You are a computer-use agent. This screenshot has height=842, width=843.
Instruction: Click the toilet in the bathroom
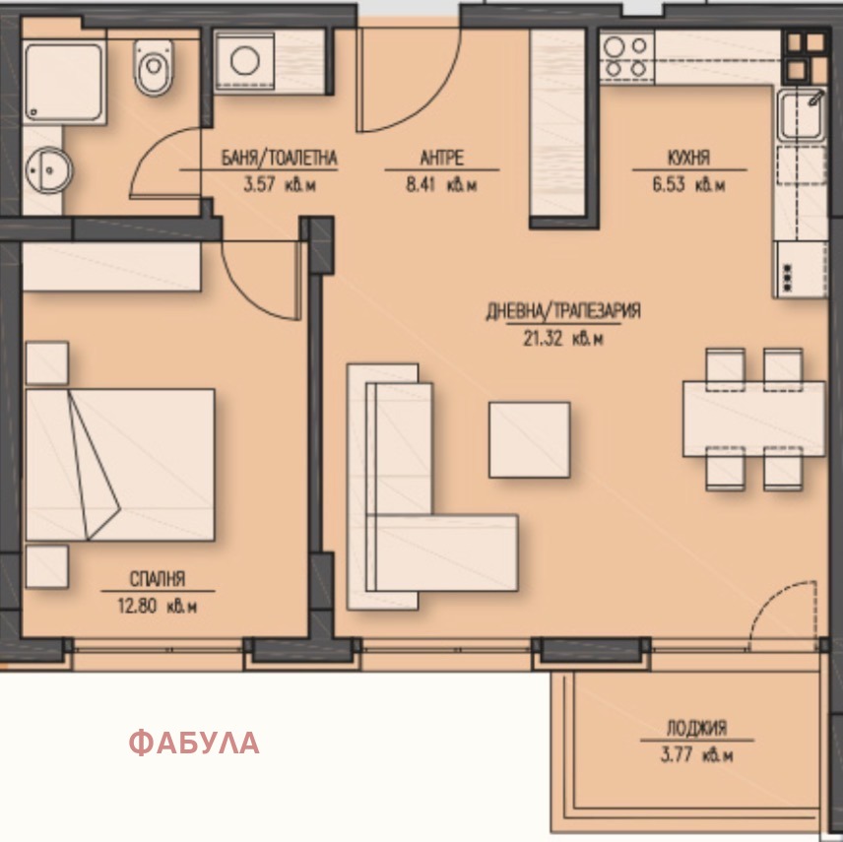(x=154, y=67)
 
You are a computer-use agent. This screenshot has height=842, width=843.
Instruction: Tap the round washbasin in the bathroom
(x=48, y=170)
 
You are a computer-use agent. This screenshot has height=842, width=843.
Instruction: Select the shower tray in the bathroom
(x=63, y=83)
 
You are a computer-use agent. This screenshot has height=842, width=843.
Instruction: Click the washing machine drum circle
(x=245, y=61)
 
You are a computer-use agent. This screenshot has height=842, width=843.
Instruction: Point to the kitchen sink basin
(x=801, y=115)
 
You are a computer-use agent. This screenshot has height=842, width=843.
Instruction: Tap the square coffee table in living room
(x=530, y=440)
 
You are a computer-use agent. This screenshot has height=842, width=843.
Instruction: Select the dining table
(x=753, y=419)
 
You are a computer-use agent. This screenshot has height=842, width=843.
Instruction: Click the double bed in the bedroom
(x=120, y=465)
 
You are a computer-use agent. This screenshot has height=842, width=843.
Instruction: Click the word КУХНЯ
(x=688, y=158)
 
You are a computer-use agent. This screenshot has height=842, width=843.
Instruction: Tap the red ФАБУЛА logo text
(x=194, y=743)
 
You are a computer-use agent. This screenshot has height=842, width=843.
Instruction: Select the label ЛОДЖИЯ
(x=697, y=728)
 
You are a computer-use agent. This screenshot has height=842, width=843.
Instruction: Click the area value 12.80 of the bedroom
(x=137, y=606)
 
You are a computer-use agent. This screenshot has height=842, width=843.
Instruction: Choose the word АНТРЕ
(x=441, y=158)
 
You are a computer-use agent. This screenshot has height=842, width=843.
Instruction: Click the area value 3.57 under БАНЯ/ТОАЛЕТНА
(x=260, y=184)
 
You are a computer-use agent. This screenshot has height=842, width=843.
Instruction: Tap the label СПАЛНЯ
(x=158, y=578)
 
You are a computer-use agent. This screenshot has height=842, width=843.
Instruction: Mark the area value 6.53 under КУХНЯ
(x=669, y=184)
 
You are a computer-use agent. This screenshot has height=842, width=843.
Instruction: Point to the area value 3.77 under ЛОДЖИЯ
(x=677, y=755)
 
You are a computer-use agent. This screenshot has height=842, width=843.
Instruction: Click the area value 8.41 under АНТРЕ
(x=422, y=184)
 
